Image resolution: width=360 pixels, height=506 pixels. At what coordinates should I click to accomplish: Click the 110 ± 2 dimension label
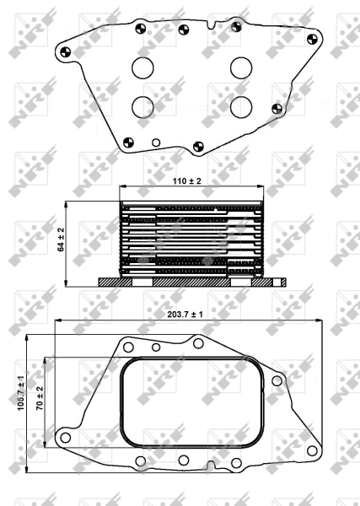tap(186, 181)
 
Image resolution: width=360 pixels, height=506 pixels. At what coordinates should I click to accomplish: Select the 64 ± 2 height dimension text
tap(61, 240)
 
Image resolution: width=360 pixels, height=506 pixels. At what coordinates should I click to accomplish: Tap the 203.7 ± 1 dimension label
tap(185, 315)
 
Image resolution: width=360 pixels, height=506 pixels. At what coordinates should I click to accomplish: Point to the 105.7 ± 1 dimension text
tap(21, 393)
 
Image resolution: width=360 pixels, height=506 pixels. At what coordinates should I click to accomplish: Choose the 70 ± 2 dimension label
tap(40, 398)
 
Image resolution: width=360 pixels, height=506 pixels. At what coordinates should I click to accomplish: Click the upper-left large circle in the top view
tap(142, 68)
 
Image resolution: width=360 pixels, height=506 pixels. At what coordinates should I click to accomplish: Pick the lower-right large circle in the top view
tap(241, 107)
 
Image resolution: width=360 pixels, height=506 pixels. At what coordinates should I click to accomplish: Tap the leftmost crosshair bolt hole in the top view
tap(66, 52)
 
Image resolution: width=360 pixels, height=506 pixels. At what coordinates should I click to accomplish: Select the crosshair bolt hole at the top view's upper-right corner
tap(312, 40)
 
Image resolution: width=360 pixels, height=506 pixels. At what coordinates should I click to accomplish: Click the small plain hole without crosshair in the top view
tap(156, 143)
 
